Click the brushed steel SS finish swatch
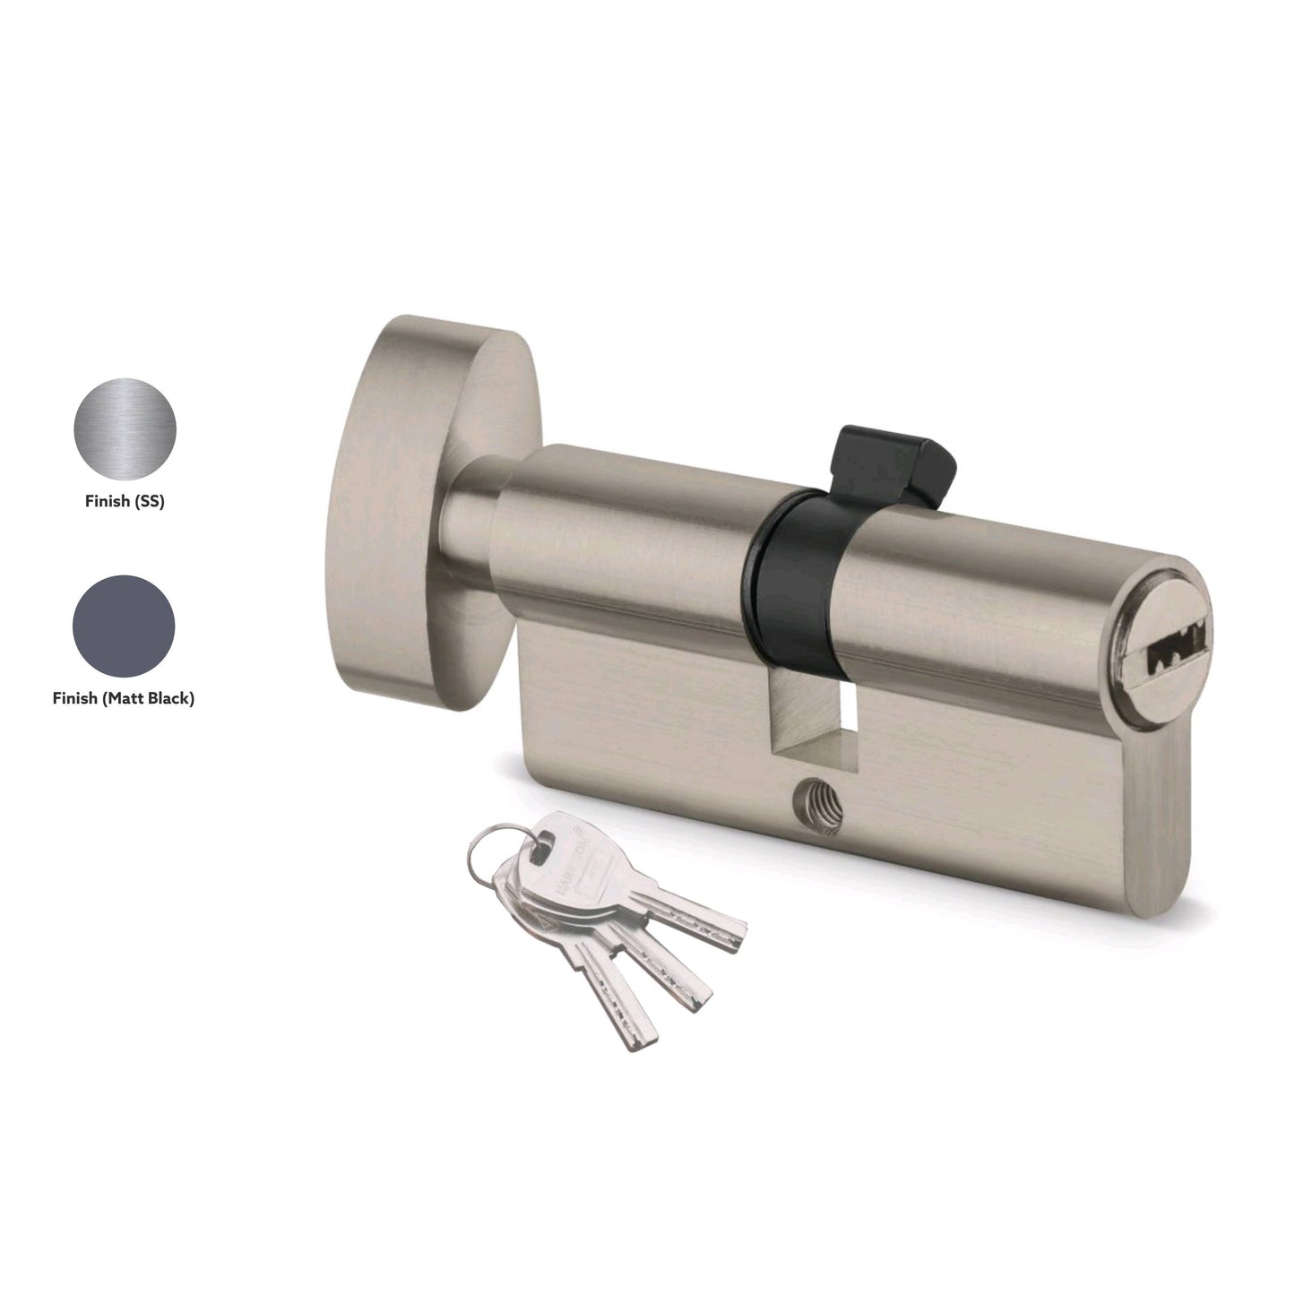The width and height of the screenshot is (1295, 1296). click(125, 429)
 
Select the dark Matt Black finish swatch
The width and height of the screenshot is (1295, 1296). click(124, 626)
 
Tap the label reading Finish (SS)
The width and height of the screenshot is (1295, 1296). click(125, 502)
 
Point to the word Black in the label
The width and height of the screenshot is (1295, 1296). click(170, 698)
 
